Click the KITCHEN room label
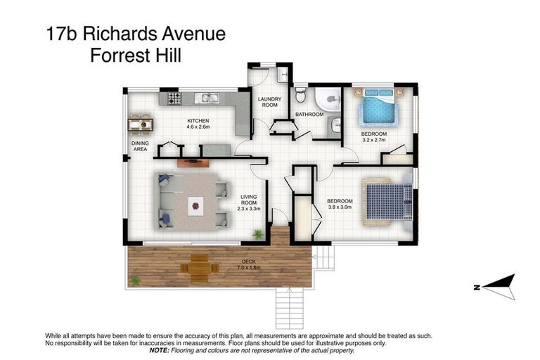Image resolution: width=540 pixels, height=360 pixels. [198, 121]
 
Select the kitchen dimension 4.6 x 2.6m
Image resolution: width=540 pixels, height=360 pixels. [198, 127]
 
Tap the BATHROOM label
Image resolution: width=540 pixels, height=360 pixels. [309, 114]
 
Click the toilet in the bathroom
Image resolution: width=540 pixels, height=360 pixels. [301, 94]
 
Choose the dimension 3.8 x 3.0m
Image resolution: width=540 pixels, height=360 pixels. [340, 207]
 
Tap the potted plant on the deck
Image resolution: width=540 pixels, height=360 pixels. [134, 281]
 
